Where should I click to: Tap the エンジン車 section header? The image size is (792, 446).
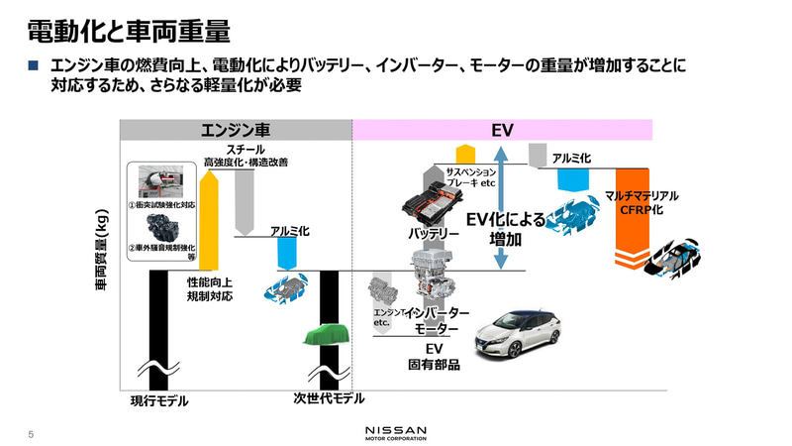236,130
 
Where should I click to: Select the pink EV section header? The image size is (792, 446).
502,130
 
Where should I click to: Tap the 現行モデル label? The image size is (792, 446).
159,401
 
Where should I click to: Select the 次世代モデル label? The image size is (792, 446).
329,398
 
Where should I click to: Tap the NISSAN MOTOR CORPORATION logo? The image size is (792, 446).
396,432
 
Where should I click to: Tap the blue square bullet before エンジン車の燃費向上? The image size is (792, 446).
33,65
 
